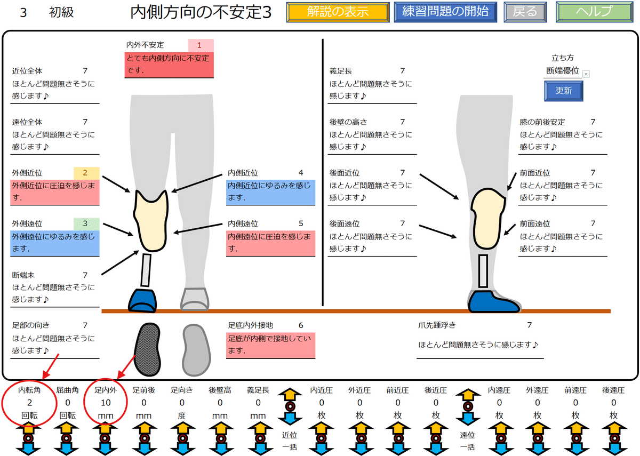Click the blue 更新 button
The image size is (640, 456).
tap(563, 91)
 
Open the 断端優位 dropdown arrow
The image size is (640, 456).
tap(586, 74)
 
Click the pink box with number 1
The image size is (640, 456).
tap(201, 45)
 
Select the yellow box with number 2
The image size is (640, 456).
tap(86, 173)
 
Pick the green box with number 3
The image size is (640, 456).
tap(86, 223)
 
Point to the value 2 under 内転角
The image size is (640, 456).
tap(29, 403)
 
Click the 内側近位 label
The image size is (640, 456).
tap(243, 173)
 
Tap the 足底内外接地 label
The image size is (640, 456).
tap(250, 325)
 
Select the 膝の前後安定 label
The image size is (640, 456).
tap(542, 122)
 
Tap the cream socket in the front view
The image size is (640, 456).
tap(152, 221)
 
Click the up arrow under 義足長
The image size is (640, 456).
tap(258, 430)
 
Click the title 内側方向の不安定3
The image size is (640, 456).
tap(201, 13)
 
